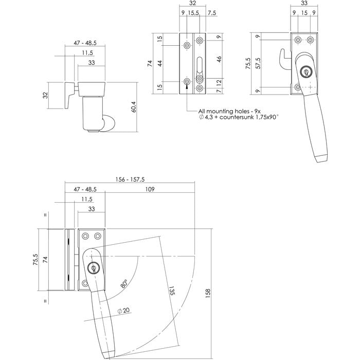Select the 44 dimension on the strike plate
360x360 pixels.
coord(159,63)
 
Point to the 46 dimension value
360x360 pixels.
coord(219,59)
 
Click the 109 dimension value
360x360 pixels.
coord(150,189)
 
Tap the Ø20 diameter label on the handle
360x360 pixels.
coord(122,311)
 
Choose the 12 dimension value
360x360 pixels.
coord(219,82)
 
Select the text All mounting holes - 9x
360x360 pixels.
coord(229,111)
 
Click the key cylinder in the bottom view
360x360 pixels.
coord(94,267)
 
